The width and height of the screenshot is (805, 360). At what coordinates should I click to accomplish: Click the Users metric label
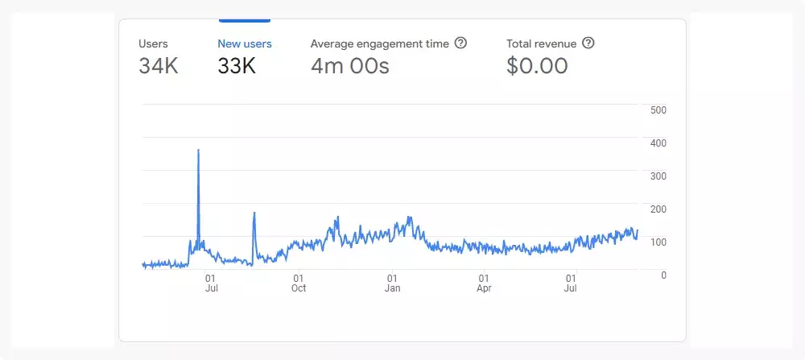153,43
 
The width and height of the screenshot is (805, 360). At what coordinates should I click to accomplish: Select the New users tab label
245,43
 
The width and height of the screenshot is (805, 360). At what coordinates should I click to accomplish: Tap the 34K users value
159,66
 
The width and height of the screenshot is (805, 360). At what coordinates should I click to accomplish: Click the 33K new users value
237,66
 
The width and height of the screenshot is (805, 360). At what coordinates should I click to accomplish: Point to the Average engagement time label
379,43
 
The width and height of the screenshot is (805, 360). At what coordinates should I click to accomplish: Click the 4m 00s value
350,66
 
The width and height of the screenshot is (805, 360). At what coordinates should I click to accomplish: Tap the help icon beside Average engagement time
460,43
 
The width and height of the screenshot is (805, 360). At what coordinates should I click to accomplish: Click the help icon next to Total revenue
588,43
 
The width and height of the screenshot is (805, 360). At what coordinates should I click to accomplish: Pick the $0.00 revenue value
537,66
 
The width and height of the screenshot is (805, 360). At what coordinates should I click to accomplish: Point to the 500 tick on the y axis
658,110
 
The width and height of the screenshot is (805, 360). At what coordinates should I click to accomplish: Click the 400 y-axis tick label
658,143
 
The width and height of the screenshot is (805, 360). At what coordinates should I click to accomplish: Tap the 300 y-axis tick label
658,176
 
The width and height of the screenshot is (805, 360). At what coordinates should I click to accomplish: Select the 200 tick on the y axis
658,209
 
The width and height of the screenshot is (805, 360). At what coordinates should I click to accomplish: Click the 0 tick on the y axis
663,275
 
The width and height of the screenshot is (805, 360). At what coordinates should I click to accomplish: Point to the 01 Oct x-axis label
299,283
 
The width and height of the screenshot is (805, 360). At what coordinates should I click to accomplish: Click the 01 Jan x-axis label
392,283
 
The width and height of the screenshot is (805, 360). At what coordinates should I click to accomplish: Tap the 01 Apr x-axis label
484,283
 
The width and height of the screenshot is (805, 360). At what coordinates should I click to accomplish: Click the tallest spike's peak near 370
198,151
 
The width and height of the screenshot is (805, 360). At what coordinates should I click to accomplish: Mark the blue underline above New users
245,20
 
